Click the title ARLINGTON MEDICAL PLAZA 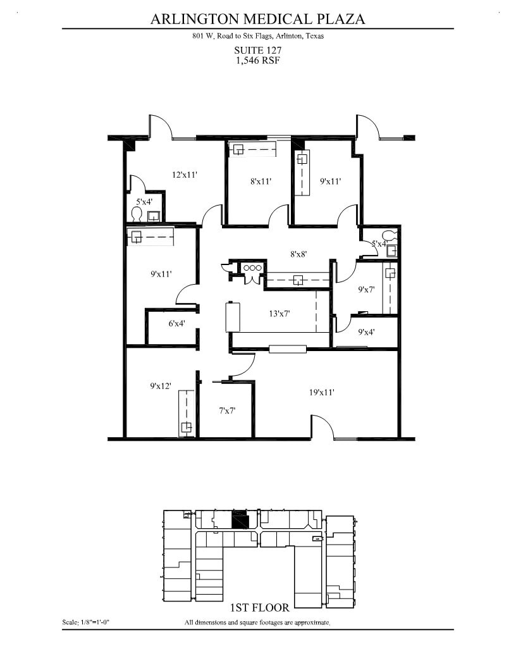pos(257,19)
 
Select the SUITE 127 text pos(257,50)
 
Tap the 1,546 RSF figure pos(257,61)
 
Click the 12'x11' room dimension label pos(185,175)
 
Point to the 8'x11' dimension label pos(261,182)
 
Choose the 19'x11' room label pos(321,392)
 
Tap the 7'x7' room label pos(227,411)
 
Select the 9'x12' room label pos(161,386)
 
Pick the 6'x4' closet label pos(177,323)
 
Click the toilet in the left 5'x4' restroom pos(136,214)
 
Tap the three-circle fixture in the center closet pos(252,268)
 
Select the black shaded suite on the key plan pos(240,521)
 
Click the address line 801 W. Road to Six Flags pos(257,36)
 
